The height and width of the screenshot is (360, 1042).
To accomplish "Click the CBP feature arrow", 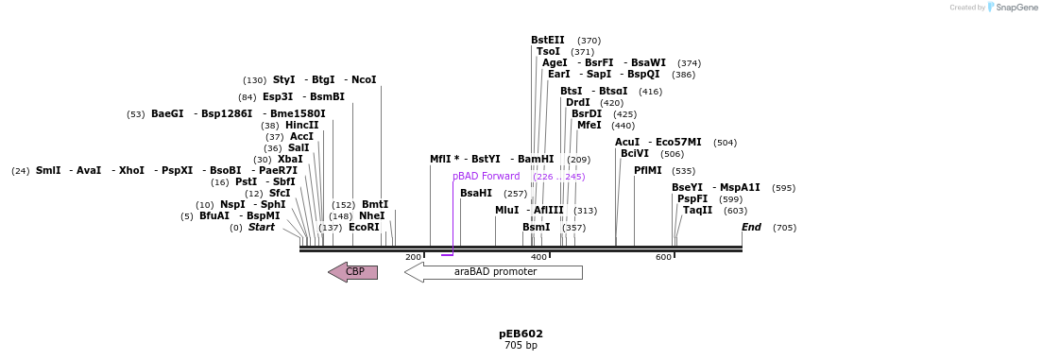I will click(x=353, y=272).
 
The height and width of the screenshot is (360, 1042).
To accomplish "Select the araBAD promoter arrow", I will click(x=494, y=272).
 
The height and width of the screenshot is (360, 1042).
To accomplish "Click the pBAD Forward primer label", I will click(x=486, y=177).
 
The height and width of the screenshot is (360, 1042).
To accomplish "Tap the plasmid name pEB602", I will click(x=521, y=334).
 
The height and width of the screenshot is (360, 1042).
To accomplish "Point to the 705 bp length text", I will click(x=521, y=346).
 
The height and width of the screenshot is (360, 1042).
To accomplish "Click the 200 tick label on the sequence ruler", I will click(x=413, y=257).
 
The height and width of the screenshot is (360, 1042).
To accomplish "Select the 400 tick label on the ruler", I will click(x=538, y=257).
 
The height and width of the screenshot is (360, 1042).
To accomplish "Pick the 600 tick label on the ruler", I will click(x=663, y=257).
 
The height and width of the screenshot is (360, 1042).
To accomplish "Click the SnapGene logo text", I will click(x=1013, y=8).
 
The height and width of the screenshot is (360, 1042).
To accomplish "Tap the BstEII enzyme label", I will click(x=547, y=41).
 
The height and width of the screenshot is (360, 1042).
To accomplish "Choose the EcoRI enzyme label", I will click(x=364, y=228).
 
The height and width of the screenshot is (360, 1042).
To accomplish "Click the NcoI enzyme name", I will click(x=364, y=80).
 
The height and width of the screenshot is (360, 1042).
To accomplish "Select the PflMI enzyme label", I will click(x=651, y=171).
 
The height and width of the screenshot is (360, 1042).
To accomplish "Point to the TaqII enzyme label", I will click(x=697, y=211).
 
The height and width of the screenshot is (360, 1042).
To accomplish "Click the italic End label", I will click(x=751, y=228).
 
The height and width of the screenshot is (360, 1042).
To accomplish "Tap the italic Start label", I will click(x=262, y=228).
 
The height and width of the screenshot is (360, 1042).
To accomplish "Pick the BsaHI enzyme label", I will click(x=476, y=194).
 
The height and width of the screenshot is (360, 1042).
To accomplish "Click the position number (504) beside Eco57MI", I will click(x=725, y=143).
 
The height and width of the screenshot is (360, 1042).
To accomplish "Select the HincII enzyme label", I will click(x=302, y=126).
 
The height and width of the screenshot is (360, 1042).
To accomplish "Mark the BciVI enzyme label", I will click(x=635, y=154).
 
